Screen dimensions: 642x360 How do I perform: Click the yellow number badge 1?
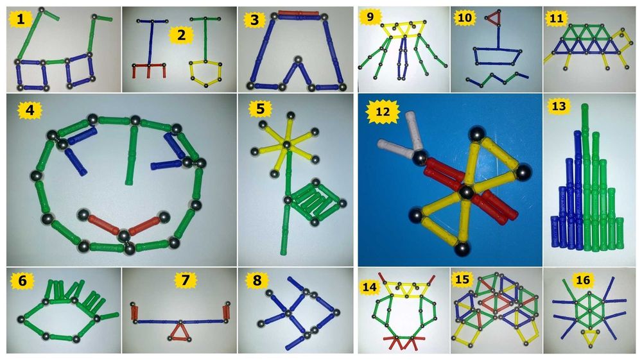click(x=20, y=19)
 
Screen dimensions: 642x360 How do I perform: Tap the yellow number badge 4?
click(x=30, y=110)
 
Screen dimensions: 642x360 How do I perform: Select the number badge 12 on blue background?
click(x=383, y=111)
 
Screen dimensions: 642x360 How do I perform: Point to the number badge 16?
click(x=583, y=280)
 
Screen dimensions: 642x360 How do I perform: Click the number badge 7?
click(x=186, y=280)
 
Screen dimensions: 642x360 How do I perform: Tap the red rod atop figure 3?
click(x=299, y=13)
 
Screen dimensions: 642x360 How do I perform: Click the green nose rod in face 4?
click(x=132, y=156)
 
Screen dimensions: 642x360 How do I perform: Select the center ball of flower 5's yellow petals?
click(x=288, y=144)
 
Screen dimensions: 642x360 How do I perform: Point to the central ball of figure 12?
click(x=465, y=192)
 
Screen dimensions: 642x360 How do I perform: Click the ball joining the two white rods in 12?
click(x=420, y=159)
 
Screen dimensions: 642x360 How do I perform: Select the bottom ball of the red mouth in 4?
click(x=124, y=236)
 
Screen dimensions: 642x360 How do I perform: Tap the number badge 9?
click(x=370, y=19)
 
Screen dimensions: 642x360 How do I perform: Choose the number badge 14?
click(x=369, y=287)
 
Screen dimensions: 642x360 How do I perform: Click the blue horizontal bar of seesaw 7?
click(x=179, y=322)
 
